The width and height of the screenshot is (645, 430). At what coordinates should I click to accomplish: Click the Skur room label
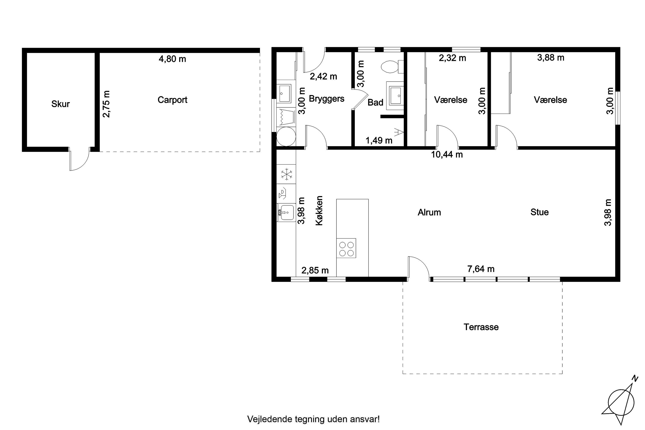click(60, 104)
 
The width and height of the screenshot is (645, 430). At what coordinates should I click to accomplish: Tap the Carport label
click(172, 100)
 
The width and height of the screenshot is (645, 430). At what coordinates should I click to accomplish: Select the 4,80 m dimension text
click(172, 59)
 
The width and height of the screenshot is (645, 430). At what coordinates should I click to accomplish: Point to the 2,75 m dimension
click(106, 104)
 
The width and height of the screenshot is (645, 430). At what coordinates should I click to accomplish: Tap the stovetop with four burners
click(346, 248)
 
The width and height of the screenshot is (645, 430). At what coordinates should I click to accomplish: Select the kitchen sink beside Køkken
click(286, 213)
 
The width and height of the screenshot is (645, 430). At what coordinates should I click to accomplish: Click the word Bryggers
click(326, 99)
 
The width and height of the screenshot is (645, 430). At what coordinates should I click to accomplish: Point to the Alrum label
click(429, 212)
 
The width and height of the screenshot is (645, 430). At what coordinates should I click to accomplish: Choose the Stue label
click(539, 212)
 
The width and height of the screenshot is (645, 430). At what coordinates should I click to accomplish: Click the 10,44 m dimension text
click(447, 155)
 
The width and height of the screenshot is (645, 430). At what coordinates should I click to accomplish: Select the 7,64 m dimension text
click(481, 269)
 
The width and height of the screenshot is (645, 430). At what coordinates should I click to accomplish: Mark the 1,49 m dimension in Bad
click(379, 141)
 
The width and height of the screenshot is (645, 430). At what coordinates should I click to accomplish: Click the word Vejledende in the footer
click(270, 419)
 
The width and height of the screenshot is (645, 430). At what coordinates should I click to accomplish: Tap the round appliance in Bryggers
click(286, 136)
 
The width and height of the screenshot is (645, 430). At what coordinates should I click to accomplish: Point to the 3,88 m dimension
click(551, 58)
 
